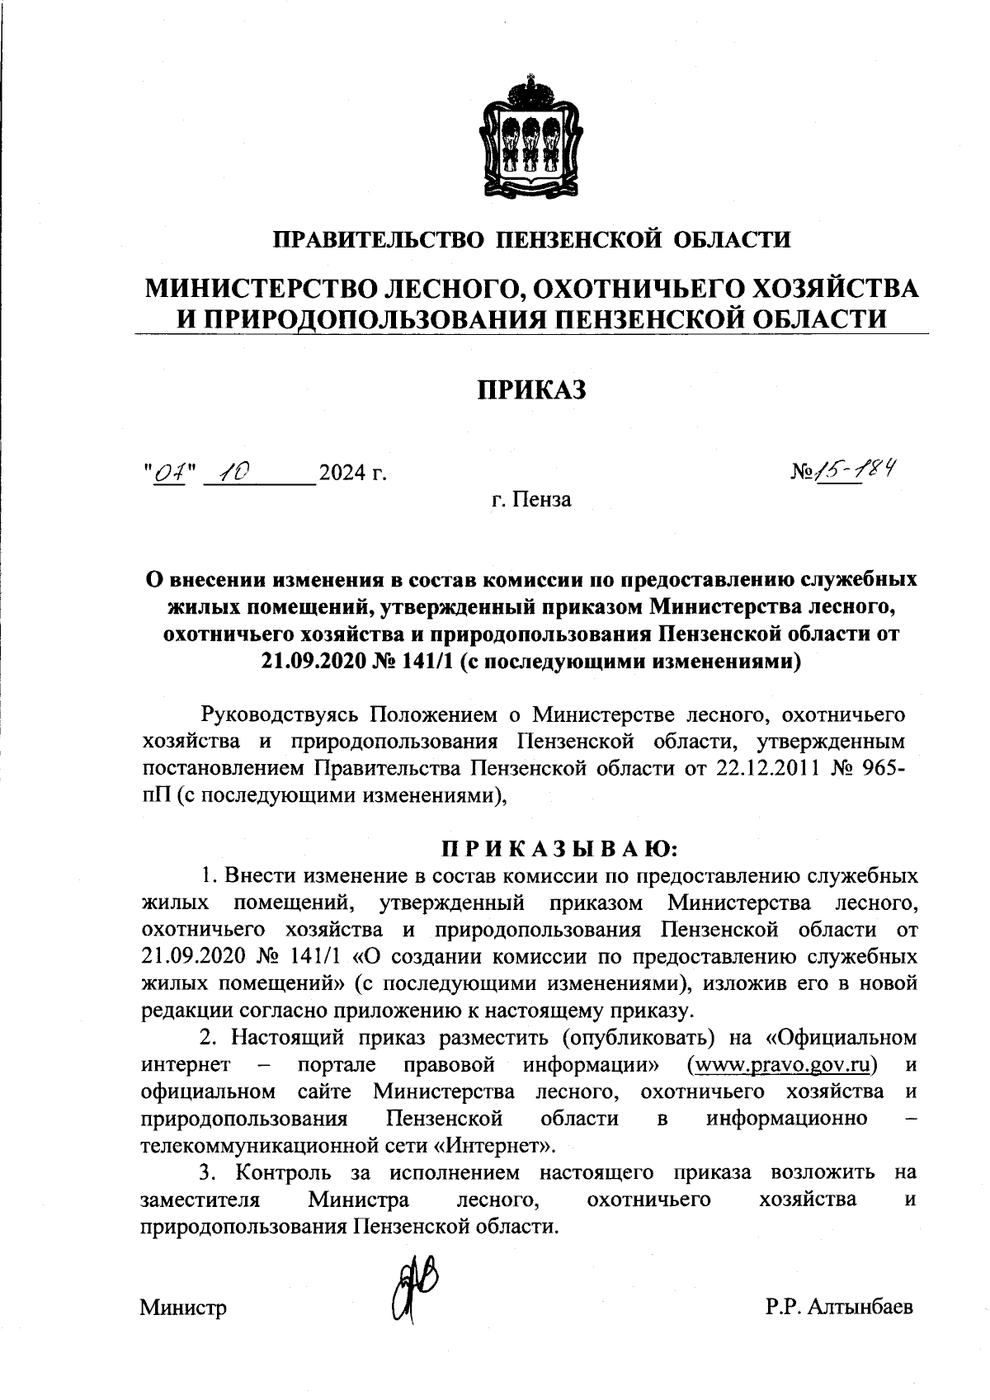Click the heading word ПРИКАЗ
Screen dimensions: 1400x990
[532, 389]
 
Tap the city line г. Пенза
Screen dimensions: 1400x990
[530, 499]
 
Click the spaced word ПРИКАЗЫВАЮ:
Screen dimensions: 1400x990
[559, 848]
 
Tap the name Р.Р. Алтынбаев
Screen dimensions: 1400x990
[838, 1308]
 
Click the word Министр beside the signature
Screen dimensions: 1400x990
[183, 1308]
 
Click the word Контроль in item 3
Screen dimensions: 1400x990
[284, 1172]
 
